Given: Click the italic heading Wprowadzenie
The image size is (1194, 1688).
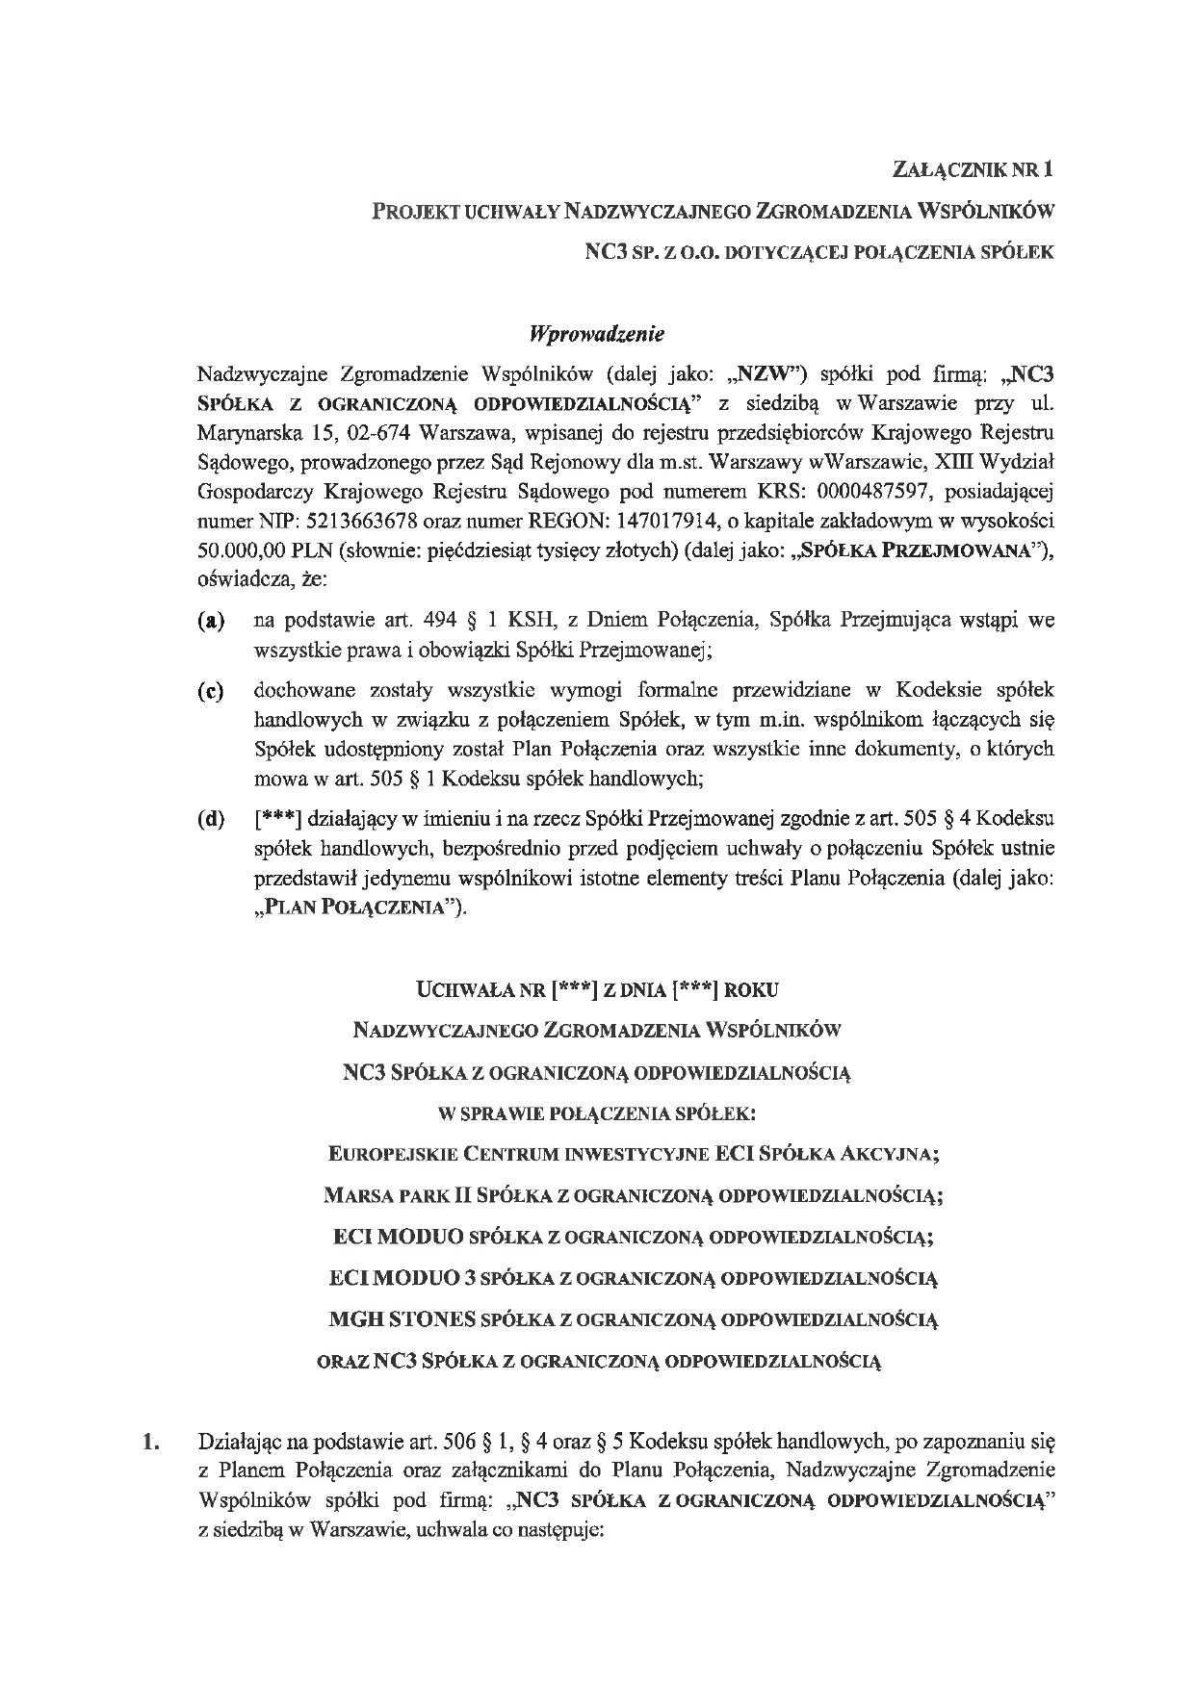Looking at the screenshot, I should point(596,335).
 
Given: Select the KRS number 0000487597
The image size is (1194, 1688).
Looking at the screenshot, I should point(875,494).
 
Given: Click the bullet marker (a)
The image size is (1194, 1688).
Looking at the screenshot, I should point(211,621).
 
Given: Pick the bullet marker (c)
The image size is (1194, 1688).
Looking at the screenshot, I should point(211,691).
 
